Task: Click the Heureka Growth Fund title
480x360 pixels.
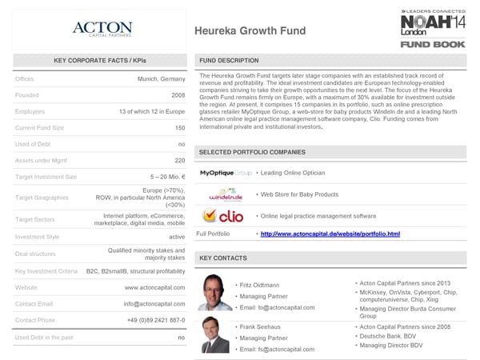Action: (x=249, y=31)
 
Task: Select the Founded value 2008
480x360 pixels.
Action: (x=178, y=95)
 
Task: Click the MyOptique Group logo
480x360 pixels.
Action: (x=226, y=173)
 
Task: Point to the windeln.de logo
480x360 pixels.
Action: (x=225, y=194)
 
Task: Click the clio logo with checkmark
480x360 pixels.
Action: (x=223, y=215)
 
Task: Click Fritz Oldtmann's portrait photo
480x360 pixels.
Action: (x=213, y=293)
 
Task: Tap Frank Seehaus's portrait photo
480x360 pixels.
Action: (x=213, y=334)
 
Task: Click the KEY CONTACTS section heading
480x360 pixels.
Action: (x=223, y=258)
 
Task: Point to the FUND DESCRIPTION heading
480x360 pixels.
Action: (x=229, y=61)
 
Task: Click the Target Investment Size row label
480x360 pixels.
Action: (x=46, y=177)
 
